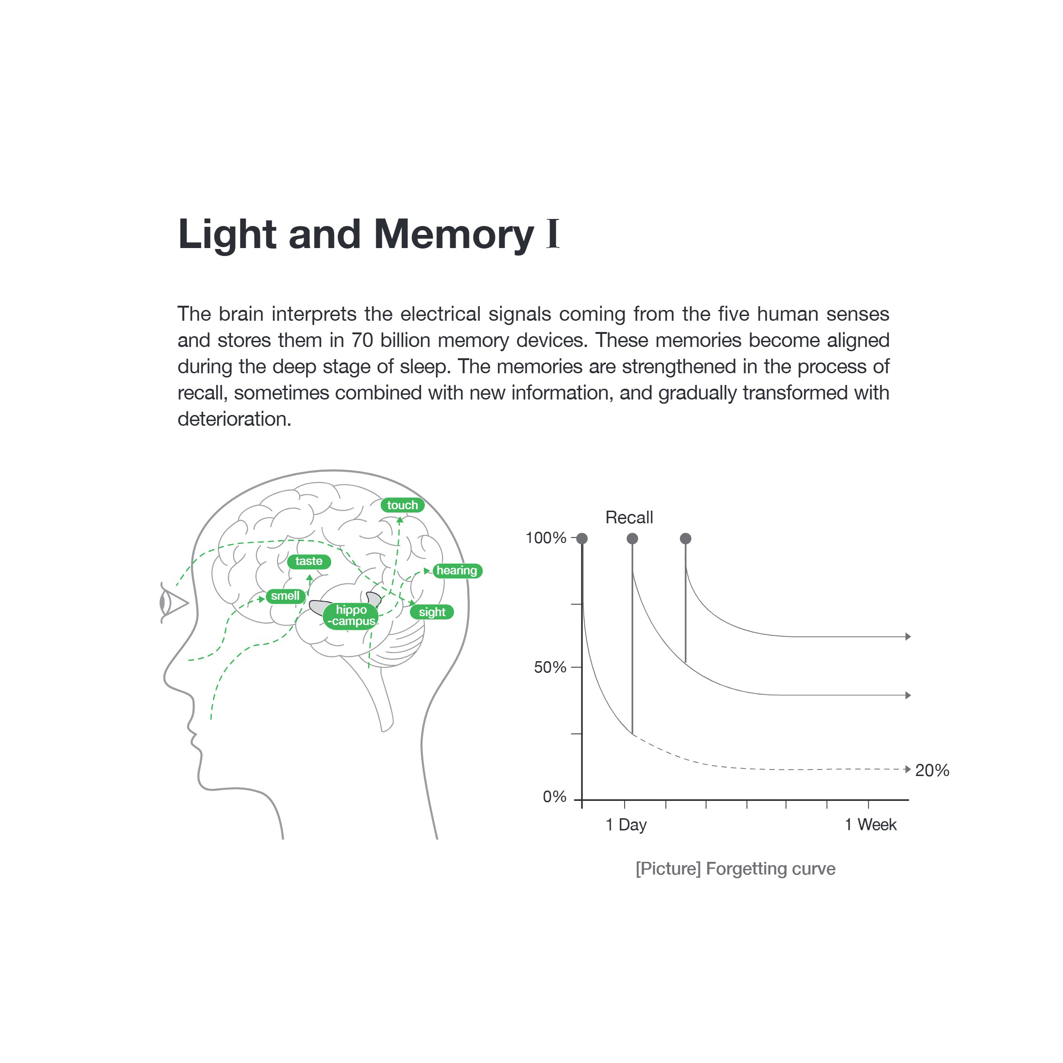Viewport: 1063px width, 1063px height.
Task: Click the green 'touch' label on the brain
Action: (402, 505)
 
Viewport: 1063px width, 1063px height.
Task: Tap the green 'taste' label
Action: (309, 561)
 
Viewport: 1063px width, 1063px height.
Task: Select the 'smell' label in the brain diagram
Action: (285, 596)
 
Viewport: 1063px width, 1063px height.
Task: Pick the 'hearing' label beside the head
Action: (457, 571)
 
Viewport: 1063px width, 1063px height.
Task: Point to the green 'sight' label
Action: (432, 612)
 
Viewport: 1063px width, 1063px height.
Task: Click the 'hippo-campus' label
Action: (351, 616)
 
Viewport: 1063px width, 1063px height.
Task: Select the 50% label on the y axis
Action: (550, 667)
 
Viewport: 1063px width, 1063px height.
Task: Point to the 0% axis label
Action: (554, 796)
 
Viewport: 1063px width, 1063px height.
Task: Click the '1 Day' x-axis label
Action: (626, 825)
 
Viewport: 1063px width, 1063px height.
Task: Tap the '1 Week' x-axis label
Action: (870, 824)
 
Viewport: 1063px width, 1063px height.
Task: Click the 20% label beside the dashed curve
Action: (932, 770)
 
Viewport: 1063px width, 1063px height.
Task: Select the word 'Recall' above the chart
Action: (629, 517)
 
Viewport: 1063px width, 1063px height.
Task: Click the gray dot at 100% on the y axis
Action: (582, 538)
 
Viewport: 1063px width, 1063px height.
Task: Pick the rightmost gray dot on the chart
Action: (686, 538)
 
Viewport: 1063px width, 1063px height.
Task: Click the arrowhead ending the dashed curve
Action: (908, 769)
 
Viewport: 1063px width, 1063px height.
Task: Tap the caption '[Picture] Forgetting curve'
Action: (735, 869)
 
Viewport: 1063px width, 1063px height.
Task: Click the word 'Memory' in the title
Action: (454, 234)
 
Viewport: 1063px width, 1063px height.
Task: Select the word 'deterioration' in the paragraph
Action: (234, 419)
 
